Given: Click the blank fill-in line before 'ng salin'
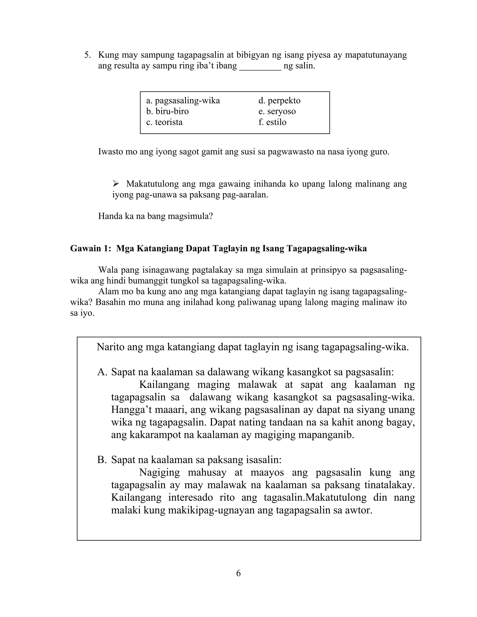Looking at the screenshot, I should (260, 68).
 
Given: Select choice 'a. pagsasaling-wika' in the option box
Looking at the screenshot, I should (183, 101).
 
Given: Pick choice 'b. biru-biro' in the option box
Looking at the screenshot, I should (167, 111).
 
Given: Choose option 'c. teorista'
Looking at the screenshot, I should (164, 122).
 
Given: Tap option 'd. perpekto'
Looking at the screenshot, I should (279, 101).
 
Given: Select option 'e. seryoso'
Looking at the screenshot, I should (277, 111).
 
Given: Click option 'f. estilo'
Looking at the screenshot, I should (272, 122).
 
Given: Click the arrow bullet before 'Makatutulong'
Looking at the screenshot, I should (116, 184).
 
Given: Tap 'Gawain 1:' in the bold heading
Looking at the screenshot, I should (90, 248).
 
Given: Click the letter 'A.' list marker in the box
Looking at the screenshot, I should (102, 372).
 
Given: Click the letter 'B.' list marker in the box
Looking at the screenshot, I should (102, 460).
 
